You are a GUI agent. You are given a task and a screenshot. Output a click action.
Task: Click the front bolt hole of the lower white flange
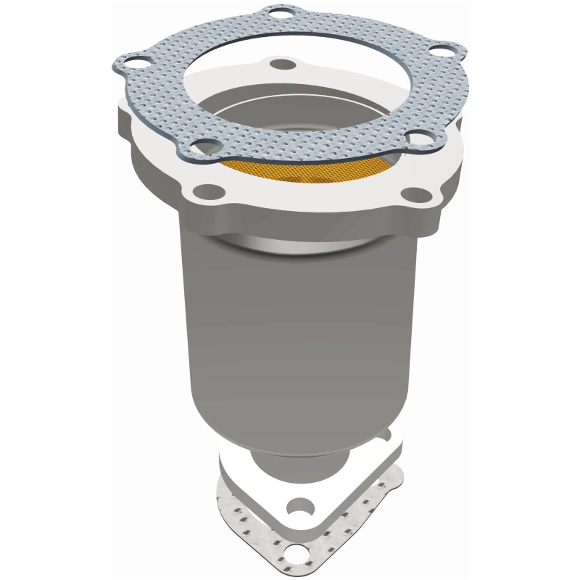(298, 505)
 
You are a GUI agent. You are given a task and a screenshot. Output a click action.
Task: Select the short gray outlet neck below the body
(297, 460)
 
